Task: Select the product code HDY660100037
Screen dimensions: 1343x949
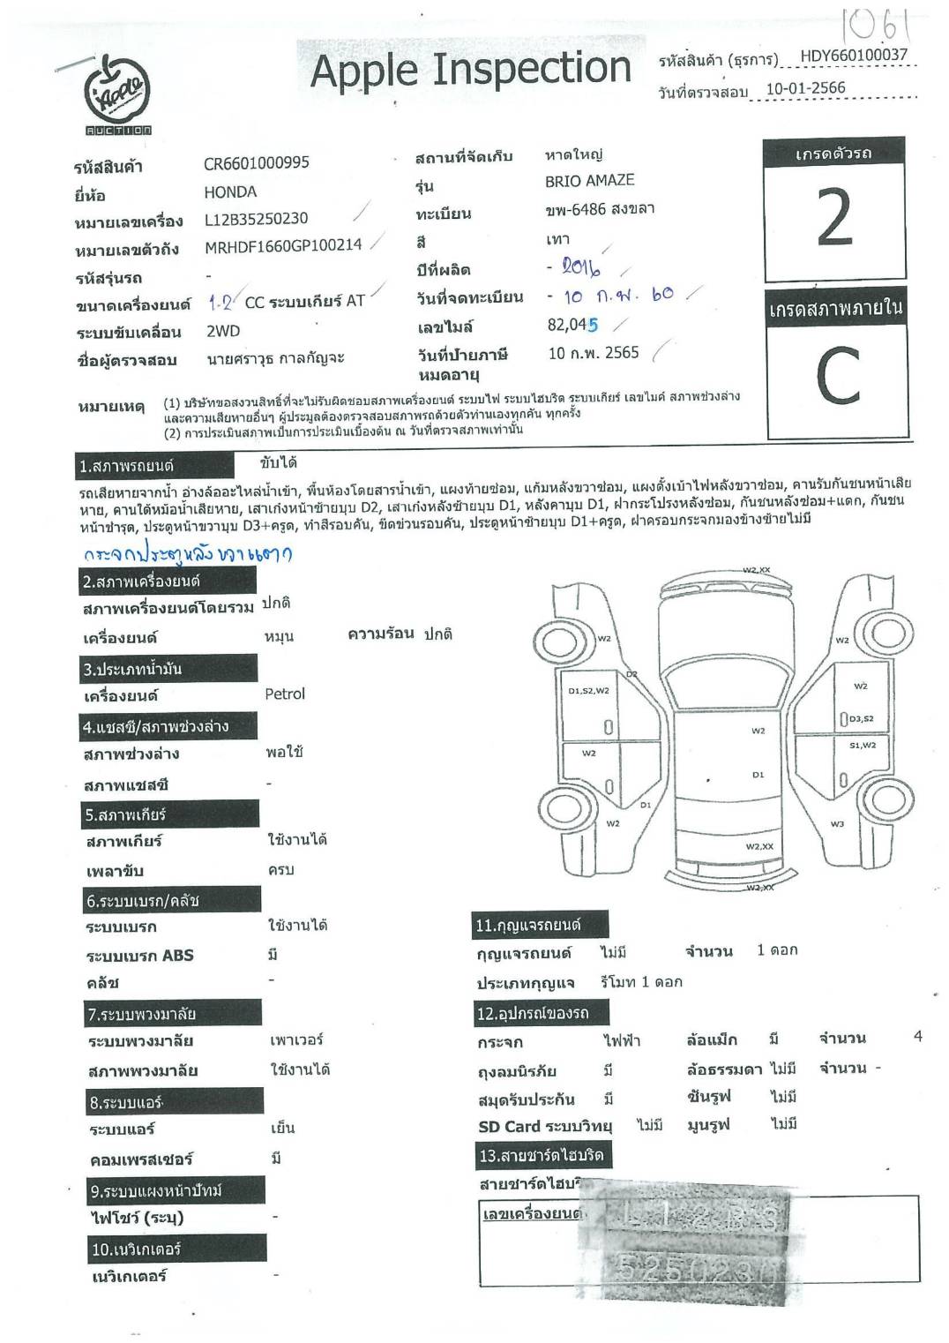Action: click(x=853, y=56)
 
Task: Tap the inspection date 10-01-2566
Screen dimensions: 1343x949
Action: click(x=805, y=88)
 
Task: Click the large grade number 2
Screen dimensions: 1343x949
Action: click(x=834, y=219)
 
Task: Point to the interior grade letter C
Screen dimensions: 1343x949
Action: click(x=836, y=376)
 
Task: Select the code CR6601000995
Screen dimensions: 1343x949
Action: click(x=257, y=163)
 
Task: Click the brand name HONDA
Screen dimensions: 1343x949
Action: click(x=230, y=191)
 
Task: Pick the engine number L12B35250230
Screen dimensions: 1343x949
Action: click(x=256, y=219)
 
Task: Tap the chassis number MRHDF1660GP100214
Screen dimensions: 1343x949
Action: click(x=283, y=245)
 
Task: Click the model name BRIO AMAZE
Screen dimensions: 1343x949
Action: click(x=589, y=181)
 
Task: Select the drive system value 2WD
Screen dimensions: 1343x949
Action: click(x=223, y=331)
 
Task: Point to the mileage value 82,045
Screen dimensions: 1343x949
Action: click(x=572, y=325)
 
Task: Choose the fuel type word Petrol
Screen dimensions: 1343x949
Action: click(x=285, y=694)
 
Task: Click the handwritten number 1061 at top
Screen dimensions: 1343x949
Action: click(x=870, y=27)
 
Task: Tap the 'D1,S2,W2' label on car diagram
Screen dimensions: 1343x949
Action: click(x=588, y=691)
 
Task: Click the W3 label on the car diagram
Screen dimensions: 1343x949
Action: click(x=837, y=823)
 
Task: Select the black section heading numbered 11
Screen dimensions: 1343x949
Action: click(x=528, y=926)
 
